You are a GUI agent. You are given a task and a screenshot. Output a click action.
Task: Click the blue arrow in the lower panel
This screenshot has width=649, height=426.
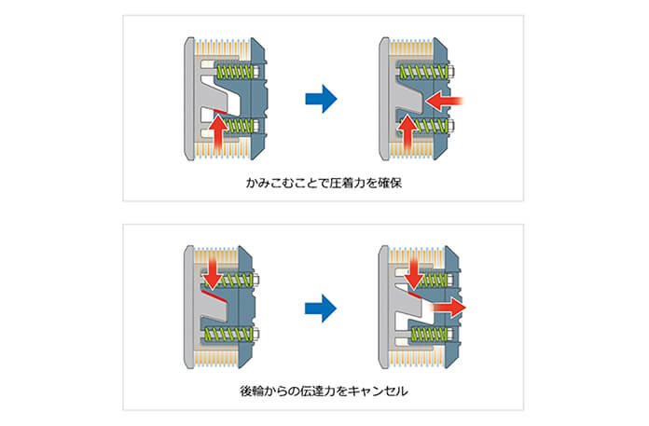(320, 306)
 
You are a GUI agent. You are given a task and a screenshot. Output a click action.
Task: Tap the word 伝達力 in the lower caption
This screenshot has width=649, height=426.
(323, 392)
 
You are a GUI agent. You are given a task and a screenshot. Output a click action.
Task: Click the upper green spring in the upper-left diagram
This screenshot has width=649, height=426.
(234, 71)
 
